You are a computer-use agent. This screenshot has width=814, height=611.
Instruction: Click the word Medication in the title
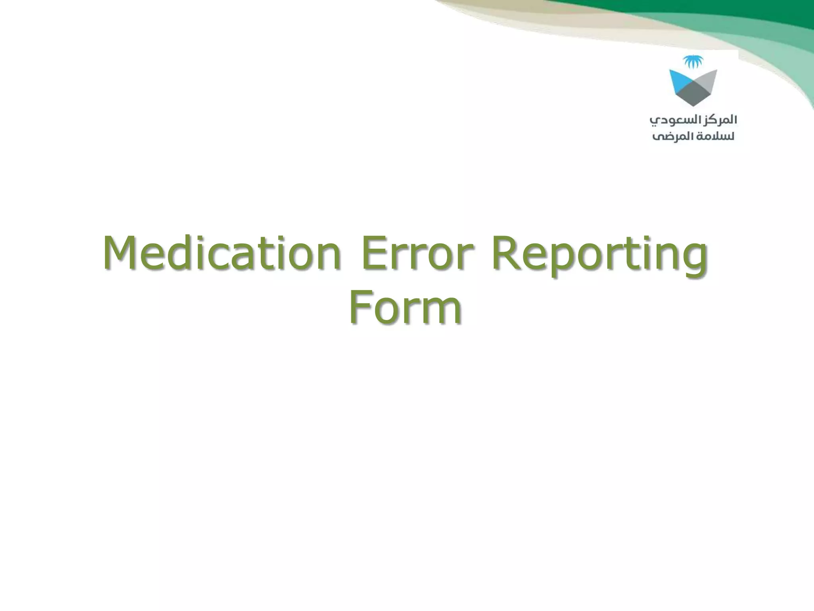(222, 253)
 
